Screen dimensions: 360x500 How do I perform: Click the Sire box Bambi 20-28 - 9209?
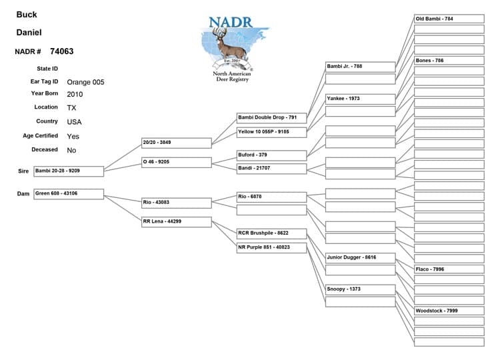(x=69, y=171)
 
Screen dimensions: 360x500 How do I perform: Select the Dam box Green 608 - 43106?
(x=69, y=194)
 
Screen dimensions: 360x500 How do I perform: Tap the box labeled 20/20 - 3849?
(x=176, y=143)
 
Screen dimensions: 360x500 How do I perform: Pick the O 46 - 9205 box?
(x=176, y=162)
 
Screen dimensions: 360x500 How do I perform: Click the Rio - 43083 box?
(x=176, y=202)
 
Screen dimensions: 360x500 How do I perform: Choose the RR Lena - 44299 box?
(x=176, y=221)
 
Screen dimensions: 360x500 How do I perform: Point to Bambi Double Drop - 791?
(x=271, y=117)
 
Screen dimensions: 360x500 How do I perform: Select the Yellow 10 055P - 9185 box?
(x=271, y=132)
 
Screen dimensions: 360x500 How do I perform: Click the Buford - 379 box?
(x=271, y=155)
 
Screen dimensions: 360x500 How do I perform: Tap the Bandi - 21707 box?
(x=271, y=168)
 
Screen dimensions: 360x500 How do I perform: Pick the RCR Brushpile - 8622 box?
(x=271, y=233)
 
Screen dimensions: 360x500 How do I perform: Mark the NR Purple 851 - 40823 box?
(x=271, y=247)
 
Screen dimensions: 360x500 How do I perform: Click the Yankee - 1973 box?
(x=360, y=99)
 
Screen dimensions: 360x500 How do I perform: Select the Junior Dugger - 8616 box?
(x=360, y=257)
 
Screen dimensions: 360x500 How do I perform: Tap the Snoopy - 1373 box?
(x=360, y=289)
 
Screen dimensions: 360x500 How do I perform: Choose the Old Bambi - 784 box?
(x=449, y=19)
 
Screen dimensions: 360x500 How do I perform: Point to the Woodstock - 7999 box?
(x=449, y=311)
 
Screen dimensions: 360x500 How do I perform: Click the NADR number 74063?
(x=61, y=51)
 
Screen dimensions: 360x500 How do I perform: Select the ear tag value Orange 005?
(x=85, y=82)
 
